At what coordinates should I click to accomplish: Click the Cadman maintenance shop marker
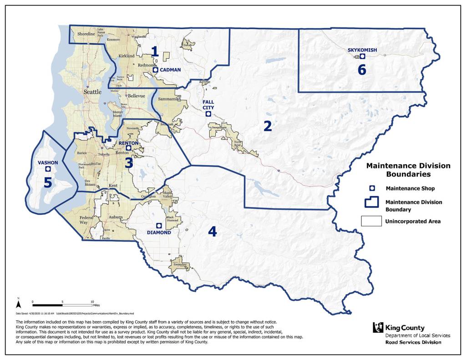tap(155, 70)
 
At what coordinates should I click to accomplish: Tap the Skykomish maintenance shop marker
tap(362, 56)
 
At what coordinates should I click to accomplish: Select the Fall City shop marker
tap(208, 114)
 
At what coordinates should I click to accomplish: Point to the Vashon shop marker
tap(48, 169)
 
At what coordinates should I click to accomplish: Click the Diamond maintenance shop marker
tap(159, 226)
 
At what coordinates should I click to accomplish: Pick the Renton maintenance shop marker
tap(128, 148)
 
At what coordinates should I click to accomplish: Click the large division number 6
tap(362, 70)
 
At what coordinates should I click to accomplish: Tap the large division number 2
tap(268, 126)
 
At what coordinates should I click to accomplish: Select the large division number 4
tap(212, 232)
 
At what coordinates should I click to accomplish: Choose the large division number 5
tap(48, 182)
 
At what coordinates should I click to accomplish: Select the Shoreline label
tap(86, 34)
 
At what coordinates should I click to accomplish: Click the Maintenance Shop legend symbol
tap(372, 188)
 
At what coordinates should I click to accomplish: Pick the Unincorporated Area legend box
tap(371, 221)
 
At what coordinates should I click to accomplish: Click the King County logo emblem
tap(378, 327)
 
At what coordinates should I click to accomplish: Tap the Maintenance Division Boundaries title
tap(408, 170)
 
